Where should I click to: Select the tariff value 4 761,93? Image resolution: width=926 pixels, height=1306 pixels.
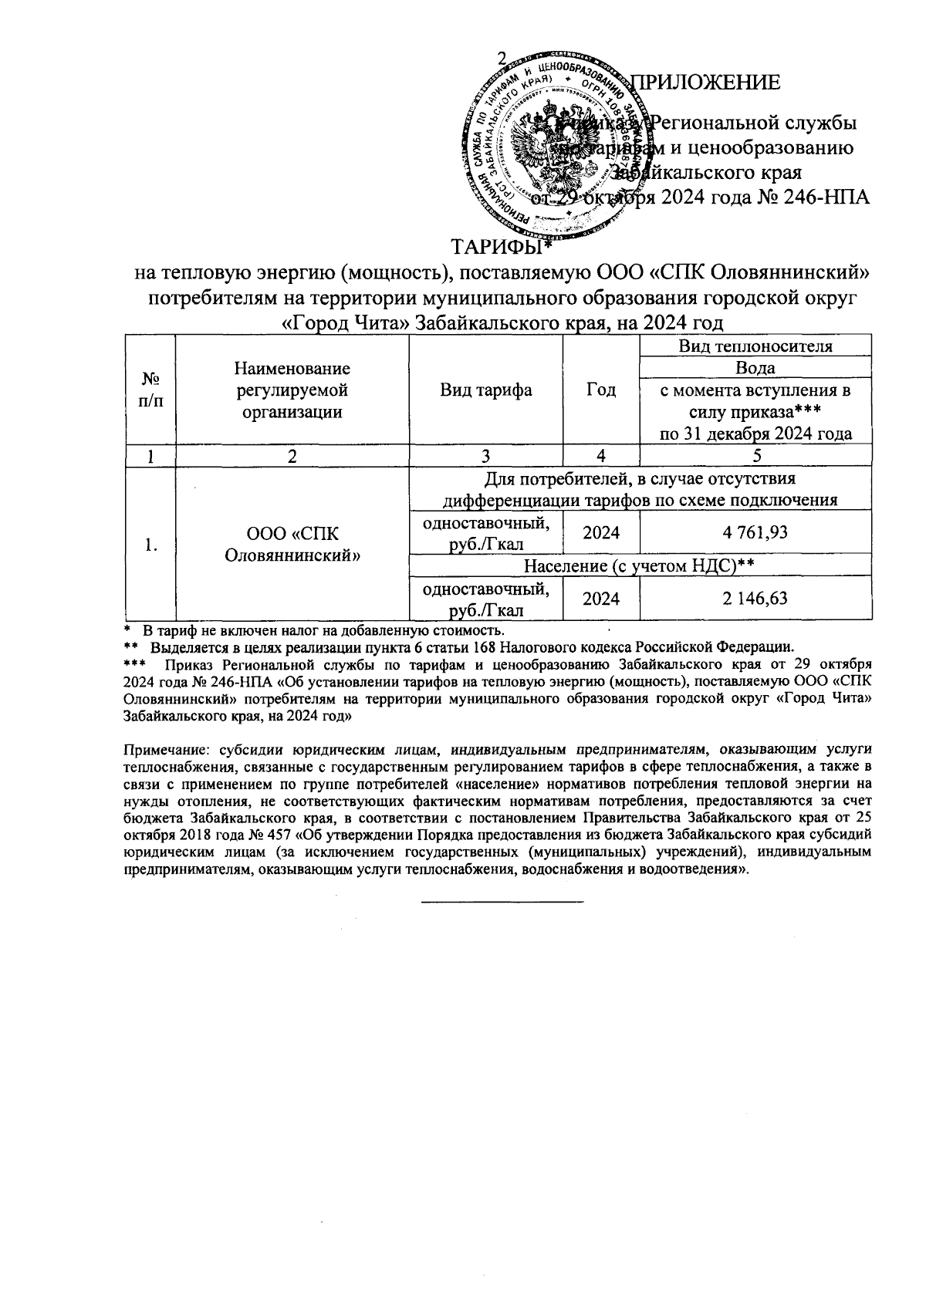tap(755, 532)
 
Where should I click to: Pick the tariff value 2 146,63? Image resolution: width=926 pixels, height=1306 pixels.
tap(755, 598)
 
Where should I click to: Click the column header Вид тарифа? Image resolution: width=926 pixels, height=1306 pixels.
tap(485, 390)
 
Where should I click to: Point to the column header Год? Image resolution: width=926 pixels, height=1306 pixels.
tap(601, 390)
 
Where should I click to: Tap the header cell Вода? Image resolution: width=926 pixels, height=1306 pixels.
tap(755, 367)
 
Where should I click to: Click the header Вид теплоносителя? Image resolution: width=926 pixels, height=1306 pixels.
tap(755, 346)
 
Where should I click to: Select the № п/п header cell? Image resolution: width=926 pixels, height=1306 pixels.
tap(152, 390)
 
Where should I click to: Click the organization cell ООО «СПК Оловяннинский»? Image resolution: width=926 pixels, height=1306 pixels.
tap(292, 545)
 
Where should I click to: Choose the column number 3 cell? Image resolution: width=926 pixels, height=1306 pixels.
tap(485, 456)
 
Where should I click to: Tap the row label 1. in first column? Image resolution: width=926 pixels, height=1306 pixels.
tap(152, 545)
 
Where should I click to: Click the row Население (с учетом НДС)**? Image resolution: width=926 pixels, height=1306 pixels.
tap(638, 566)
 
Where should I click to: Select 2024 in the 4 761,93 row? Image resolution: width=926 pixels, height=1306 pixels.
tap(601, 532)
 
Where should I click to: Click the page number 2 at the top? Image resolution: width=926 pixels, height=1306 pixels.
tap(502, 59)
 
